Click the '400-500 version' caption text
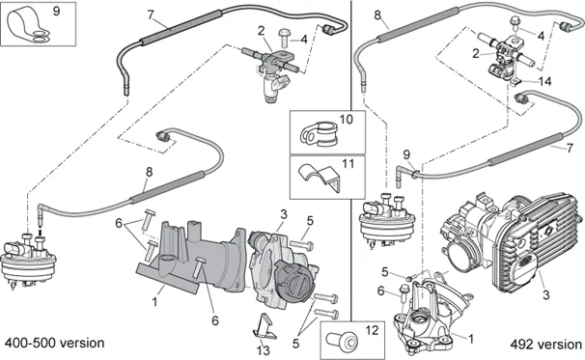pos(54,343)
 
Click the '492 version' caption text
pos(545,344)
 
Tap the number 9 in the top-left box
pos(56,12)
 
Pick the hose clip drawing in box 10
pos(320,134)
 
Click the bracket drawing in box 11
pos(320,177)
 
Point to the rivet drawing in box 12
pos(342,341)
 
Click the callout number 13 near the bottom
pos(263,350)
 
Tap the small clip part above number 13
pos(265,325)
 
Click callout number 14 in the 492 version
pos(545,81)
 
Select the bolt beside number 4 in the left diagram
pos(284,38)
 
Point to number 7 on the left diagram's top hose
pos(151,14)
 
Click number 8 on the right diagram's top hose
pos(377,15)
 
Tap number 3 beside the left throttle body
pos(284,214)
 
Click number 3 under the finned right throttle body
pos(545,294)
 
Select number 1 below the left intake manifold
pos(154,301)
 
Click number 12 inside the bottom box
pos(372,330)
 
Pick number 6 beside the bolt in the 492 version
pos(380,291)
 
